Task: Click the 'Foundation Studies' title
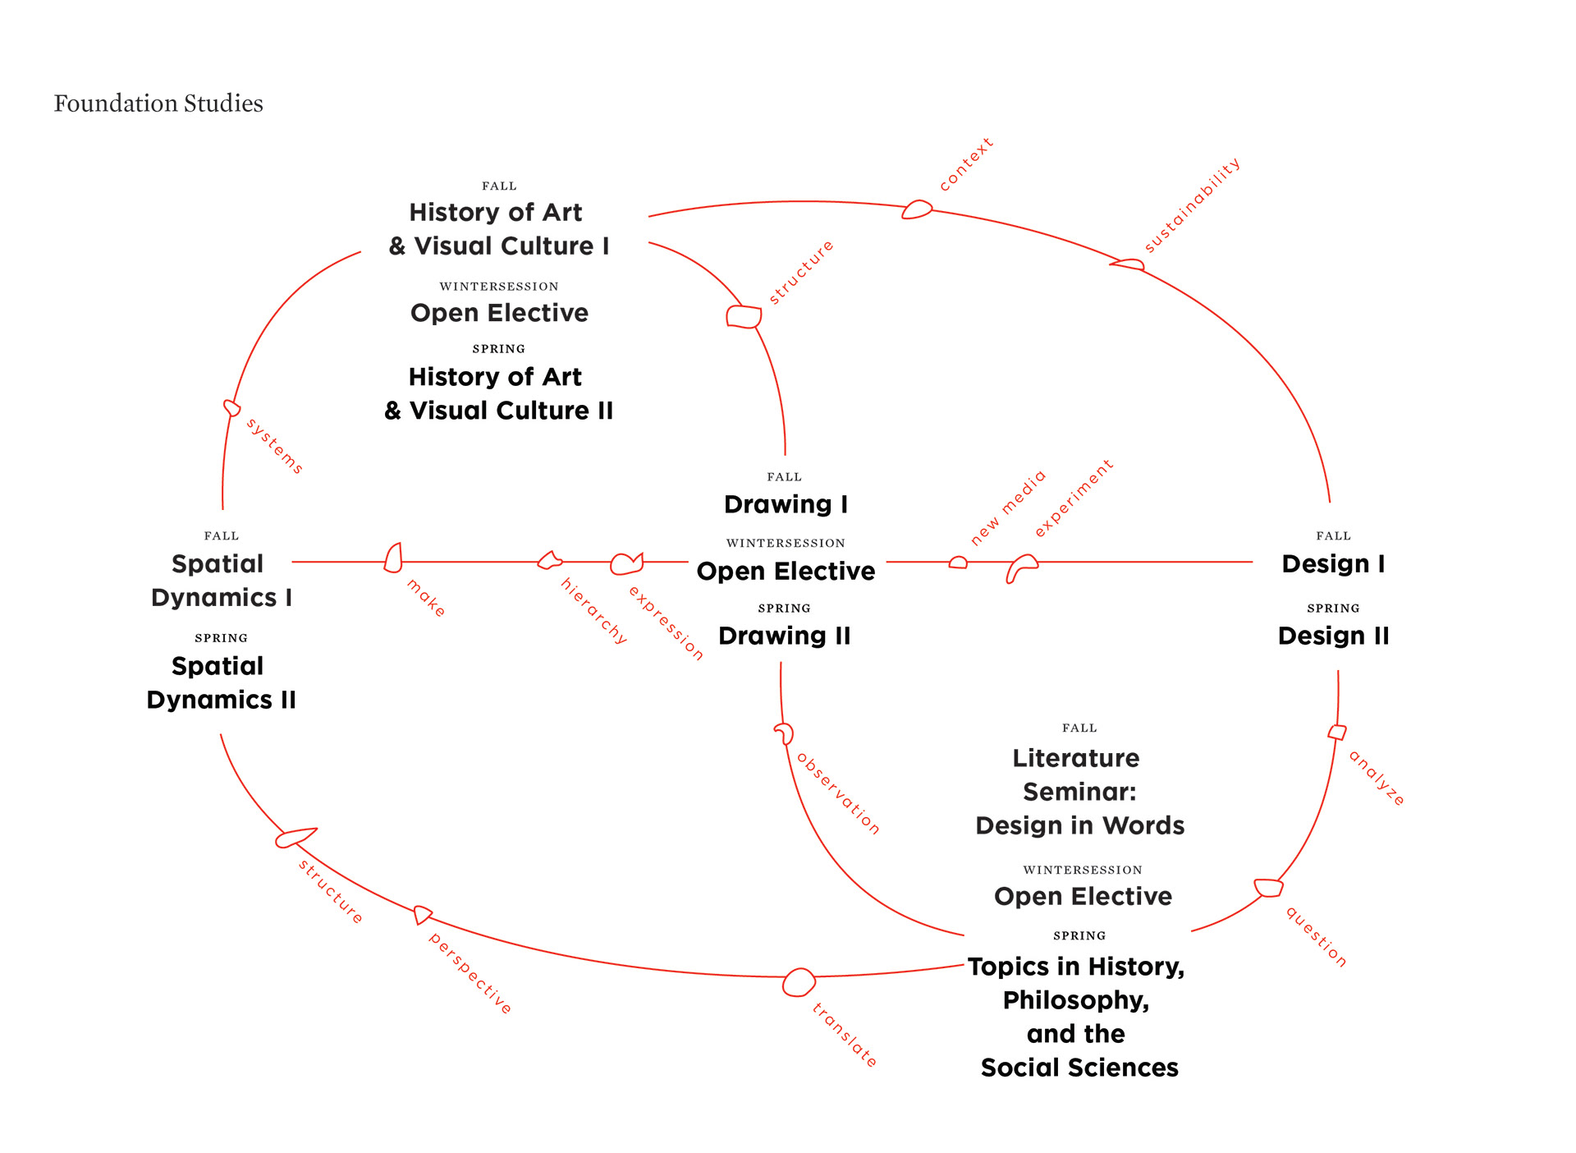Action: [x=158, y=103]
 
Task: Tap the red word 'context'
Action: [x=966, y=165]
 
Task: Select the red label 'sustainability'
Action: [x=1192, y=205]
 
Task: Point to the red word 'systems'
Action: [x=274, y=446]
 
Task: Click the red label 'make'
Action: [x=426, y=598]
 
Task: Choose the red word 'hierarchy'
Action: [x=593, y=610]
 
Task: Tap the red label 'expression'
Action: [x=666, y=623]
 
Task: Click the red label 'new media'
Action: [x=1008, y=508]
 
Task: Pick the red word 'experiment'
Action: [x=1073, y=498]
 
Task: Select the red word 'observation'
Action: [x=838, y=794]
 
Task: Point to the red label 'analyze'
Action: [x=1377, y=778]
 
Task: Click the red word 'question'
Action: [x=1316, y=937]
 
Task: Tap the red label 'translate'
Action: [x=845, y=1035]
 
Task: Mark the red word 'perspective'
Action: [x=470, y=974]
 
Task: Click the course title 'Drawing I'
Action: [x=786, y=504]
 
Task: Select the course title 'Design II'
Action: [x=1333, y=636]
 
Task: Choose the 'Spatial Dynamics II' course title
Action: [x=221, y=682]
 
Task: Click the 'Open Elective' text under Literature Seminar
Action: [x=1083, y=896]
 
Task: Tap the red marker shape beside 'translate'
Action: [x=798, y=982]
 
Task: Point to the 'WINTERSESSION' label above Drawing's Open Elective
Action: [x=786, y=543]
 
